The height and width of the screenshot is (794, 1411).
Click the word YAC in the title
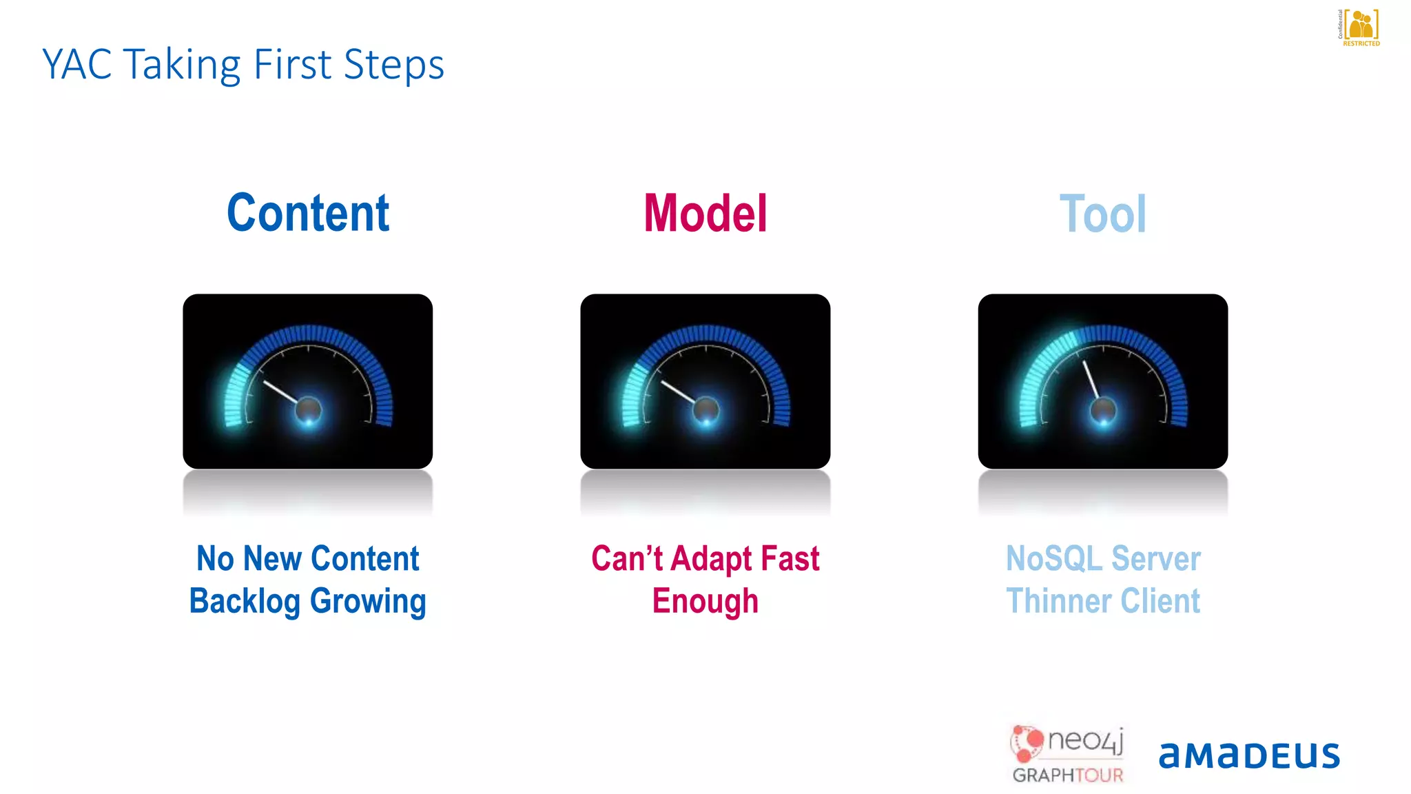coord(76,65)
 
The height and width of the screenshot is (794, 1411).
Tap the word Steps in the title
coord(393,65)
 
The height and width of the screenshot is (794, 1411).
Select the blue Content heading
coord(308,213)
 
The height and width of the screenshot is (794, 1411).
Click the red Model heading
coord(705,213)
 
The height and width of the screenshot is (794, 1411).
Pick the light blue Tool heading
coord(1102,214)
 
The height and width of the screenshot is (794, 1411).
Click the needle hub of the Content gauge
coord(308,410)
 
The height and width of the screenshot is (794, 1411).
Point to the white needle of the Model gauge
coord(679,391)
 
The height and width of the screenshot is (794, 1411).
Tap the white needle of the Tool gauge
coord(1091,380)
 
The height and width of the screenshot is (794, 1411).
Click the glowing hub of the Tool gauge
coord(1103,410)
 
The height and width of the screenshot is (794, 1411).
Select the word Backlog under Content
coord(245,601)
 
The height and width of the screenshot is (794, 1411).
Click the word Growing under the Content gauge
coord(368,601)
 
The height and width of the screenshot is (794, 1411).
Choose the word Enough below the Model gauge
coord(705,601)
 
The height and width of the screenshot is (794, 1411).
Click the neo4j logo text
coord(1085,741)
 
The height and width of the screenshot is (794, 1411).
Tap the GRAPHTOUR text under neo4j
coord(1067,775)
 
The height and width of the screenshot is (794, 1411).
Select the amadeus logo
coord(1248,755)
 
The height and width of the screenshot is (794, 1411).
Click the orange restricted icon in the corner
coord(1361,26)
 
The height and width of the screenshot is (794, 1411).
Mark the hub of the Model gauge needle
coord(705,410)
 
